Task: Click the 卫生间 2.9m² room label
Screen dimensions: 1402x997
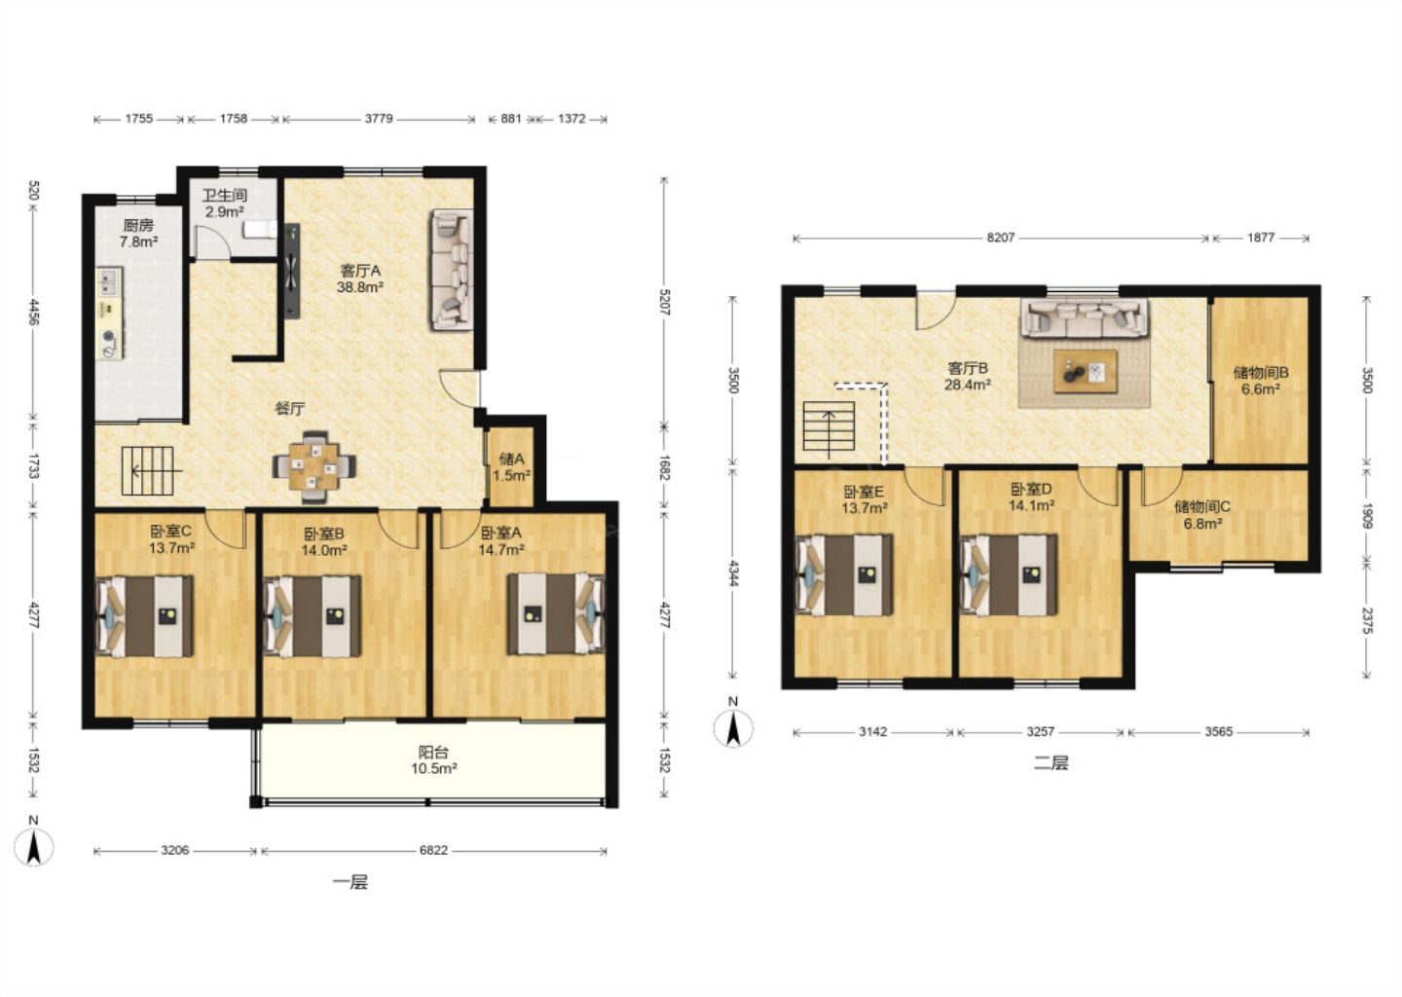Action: coord(225,203)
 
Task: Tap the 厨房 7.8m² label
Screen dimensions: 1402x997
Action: coord(138,234)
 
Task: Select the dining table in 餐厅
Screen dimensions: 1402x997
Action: coord(314,467)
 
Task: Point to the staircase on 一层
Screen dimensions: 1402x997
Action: coord(148,470)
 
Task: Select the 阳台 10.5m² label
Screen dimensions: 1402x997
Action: coord(434,759)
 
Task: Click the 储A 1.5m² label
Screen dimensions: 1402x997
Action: coord(511,467)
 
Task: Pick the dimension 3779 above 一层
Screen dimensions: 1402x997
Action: coord(379,118)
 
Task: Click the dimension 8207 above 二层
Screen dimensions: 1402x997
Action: coord(1000,238)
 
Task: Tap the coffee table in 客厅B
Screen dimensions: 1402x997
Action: coord(1086,372)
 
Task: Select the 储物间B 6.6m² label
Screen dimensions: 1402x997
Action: coord(1261,381)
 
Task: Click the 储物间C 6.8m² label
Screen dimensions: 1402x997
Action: coord(1202,515)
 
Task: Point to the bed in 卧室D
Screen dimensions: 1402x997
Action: coord(1009,574)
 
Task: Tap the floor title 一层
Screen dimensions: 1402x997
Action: coord(350,882)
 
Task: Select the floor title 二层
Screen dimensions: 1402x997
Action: coord(1051,763)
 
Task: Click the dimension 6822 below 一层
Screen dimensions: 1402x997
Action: coord(434,851)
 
